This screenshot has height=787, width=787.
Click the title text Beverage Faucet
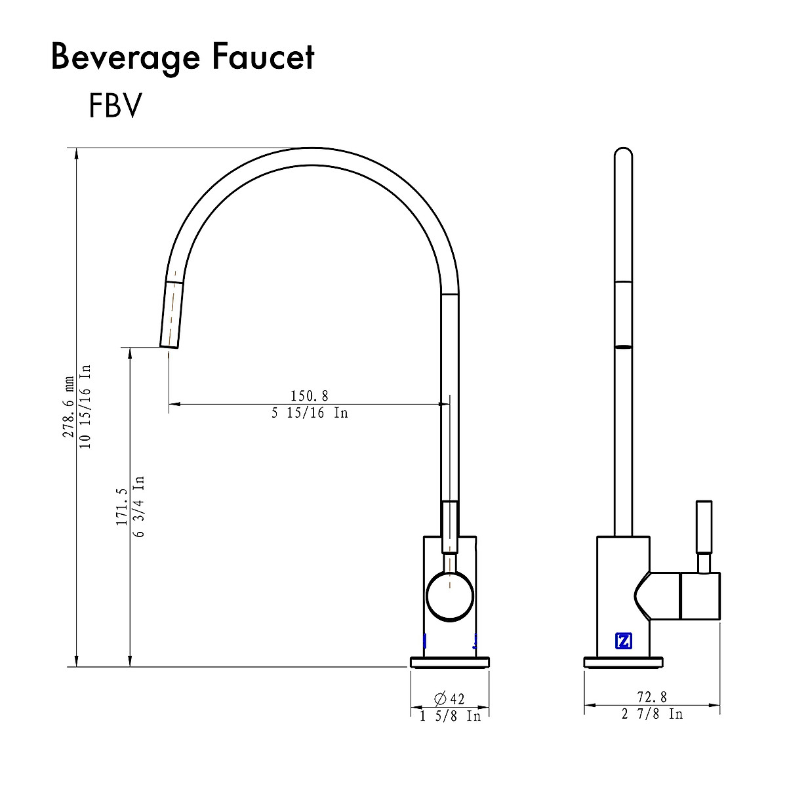click(x=182, y=58)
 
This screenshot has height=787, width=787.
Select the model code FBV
click(x=115, y=106)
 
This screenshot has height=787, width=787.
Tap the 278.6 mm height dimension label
click(x=68, y=407)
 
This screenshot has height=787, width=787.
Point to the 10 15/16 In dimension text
click(x=85, y=407)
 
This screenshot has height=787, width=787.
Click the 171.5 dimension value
click(x=121, y=506)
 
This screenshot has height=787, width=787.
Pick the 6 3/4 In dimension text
click(x=138, y=506)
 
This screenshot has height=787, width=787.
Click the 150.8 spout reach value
click(x=309, y=395)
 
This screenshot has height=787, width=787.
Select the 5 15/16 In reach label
click(x=309, y=413)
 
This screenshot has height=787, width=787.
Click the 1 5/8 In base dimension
click(x=450, y=716)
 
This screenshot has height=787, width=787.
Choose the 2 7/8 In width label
click(x=652, y=714)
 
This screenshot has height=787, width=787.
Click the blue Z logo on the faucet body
click(x=623, y=641)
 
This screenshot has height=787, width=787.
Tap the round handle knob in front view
click(x=450, y=595)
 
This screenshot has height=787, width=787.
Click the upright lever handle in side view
click(x=704, y=528)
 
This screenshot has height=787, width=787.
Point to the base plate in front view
click(x=450, y=662)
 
